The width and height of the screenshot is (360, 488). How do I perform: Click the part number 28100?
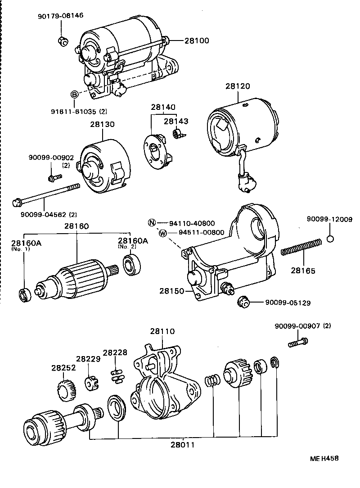[x=197, y=41]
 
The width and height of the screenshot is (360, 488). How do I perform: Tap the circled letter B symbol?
[x=75, y=94]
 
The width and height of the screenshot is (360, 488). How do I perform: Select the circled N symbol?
[x=152, y=223]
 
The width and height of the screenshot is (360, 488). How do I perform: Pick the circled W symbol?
[x=163, y=233]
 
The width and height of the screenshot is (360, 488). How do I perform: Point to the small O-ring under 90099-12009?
[x=330, y=239]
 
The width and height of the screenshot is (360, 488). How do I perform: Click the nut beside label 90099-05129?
[x=243, y=302]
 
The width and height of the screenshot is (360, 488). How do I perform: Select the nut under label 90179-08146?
[x=63, y=41]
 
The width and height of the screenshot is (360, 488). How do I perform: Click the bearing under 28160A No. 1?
[x=25, y=296]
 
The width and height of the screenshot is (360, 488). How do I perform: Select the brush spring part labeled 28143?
[x=178, y=134]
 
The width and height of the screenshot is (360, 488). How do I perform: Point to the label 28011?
[x=182, y=445]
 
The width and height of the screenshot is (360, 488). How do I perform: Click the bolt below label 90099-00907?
[x=298, y=342]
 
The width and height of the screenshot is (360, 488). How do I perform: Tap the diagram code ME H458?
[x=324, y=458]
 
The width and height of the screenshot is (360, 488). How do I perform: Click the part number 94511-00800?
[x=201, y=233]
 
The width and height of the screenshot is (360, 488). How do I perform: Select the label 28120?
[x=238, y=86]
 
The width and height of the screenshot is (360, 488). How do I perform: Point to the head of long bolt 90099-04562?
[x=17, y=202]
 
